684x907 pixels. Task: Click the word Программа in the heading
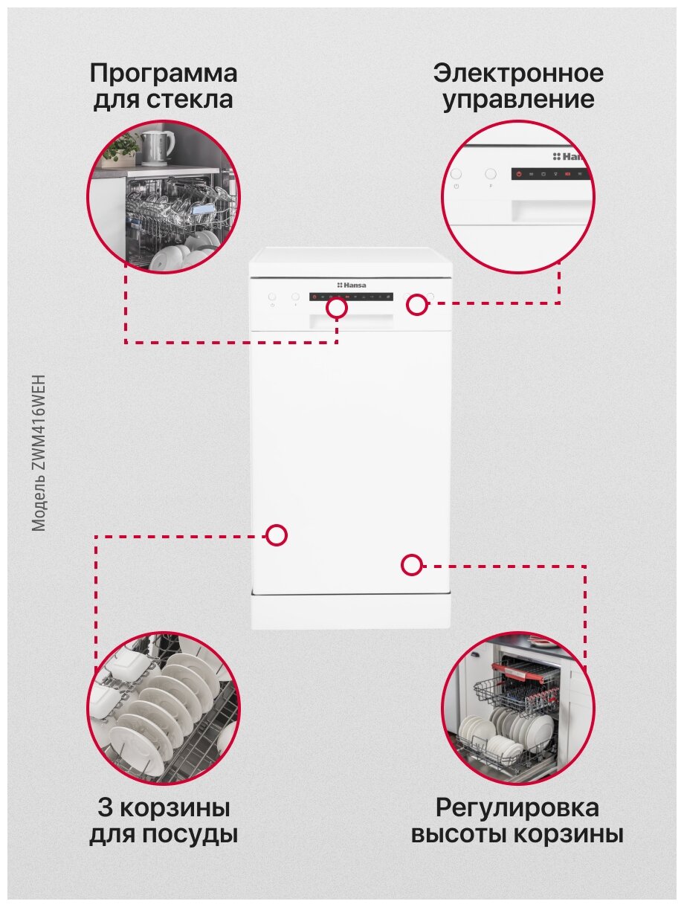(x=164, y=74)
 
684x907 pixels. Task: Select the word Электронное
(x=518, y=74)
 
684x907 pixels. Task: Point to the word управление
(x=518, y=100)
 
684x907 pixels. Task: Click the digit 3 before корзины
(x=104, y=807)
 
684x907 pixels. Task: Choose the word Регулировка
(x=517, y=807)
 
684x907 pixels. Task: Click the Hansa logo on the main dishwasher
(x=352, y=285)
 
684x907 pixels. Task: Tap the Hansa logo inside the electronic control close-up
(x=570, y=157)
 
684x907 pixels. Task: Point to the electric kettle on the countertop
(x=158, y=146)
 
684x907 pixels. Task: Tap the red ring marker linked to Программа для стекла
(x=337, y=308)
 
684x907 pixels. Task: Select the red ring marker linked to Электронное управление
(x=417, y=303)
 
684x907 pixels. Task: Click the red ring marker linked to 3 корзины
(x=277, y=535)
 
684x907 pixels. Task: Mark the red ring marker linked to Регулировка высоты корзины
(x=411, y=565)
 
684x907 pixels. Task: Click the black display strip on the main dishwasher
(x=352, y=297)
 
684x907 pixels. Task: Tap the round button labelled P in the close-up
(x=490, y=174)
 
